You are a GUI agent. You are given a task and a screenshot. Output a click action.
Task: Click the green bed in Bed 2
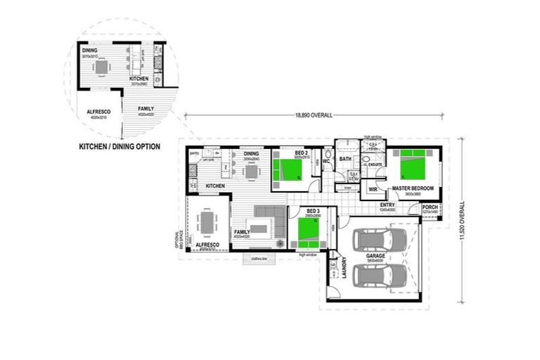[288, 171]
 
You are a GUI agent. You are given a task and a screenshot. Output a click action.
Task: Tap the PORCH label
[430, 207]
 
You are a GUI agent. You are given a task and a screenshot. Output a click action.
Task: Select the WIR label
[373, 190]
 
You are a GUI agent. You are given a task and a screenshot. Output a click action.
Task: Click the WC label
[326, 162]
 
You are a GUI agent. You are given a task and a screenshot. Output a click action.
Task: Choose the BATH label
[345, 159]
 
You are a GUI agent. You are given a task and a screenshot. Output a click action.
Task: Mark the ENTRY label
[387, 205]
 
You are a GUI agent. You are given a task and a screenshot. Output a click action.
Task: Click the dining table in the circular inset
[103, 67]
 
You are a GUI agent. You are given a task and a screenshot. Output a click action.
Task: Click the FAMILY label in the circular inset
[146, 108]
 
